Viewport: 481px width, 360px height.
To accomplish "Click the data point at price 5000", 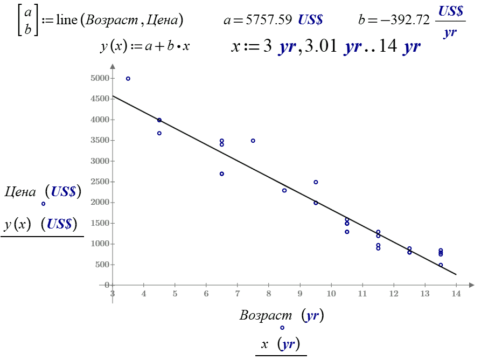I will [128, 79].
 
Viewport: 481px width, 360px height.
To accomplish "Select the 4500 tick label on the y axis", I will [100, 99].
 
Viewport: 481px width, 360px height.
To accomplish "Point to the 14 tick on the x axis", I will [456, 294].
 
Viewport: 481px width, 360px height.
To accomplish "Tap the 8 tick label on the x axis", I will [268, 294].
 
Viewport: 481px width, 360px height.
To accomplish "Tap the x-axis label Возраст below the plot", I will [266, 316].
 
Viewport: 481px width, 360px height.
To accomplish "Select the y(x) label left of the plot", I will [17, 224].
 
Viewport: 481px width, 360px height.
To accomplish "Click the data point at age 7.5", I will [253, 141].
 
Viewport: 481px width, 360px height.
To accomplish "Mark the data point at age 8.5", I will [284, 190].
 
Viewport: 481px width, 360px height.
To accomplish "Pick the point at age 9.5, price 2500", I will [316, 182].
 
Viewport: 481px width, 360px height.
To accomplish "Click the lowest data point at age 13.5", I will [441, 265].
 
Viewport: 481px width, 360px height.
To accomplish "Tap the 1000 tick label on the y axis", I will [100, 244].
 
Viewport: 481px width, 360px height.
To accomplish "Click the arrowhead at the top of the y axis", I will [112, 67].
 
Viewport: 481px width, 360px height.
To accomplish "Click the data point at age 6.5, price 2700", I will [222, 174].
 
